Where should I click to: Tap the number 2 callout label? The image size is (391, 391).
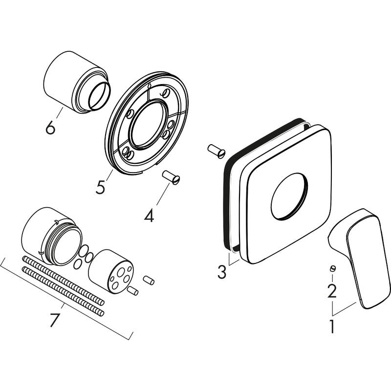[x=332, y=291]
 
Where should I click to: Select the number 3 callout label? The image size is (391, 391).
[x=222, y=272]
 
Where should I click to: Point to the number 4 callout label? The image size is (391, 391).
[x=149, y=215]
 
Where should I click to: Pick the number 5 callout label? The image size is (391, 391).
[x=101, y=187]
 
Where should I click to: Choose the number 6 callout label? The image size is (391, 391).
[x=50, y=128]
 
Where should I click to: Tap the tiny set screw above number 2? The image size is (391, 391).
[x=332, y=268]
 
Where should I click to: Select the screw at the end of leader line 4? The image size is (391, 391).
[x=172, y=177]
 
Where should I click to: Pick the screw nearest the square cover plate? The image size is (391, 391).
[x=216, y=151]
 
